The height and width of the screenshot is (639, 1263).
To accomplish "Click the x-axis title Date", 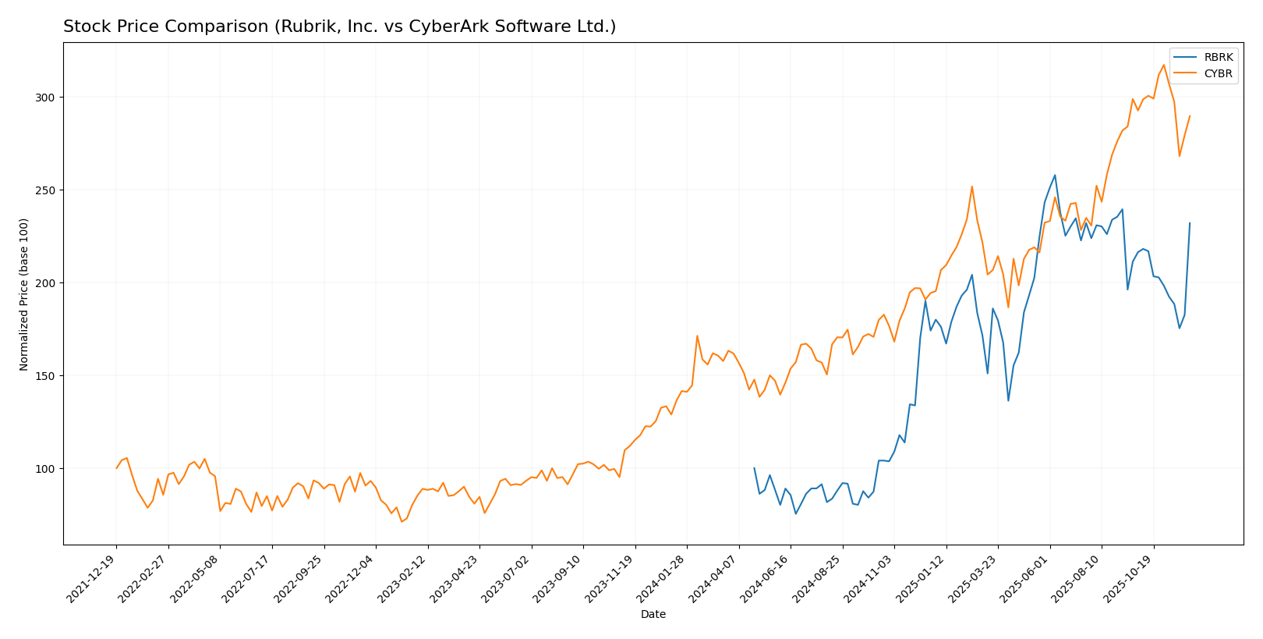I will [653, 615].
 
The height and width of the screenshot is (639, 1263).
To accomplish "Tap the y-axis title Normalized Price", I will [24, 294].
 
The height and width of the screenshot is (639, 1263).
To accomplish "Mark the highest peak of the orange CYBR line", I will [1164, 65].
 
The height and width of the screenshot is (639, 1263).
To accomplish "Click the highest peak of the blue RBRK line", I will [1055, 175].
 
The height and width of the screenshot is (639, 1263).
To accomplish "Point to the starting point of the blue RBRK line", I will [754, 468].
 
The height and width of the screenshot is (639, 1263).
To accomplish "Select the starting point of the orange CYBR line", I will [116, 468].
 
